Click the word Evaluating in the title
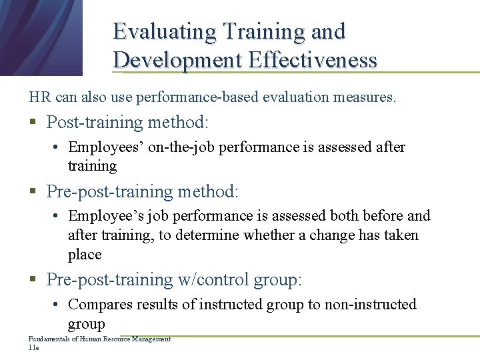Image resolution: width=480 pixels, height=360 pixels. click(x=165, y=31)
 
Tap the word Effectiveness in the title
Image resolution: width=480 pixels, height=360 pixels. click(x=313, y=60)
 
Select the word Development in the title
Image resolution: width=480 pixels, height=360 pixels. click(x=178, y=60)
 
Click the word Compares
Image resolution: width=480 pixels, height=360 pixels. click(x=101, y=305)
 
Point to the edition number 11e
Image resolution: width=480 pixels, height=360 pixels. click(x=34, y=348)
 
